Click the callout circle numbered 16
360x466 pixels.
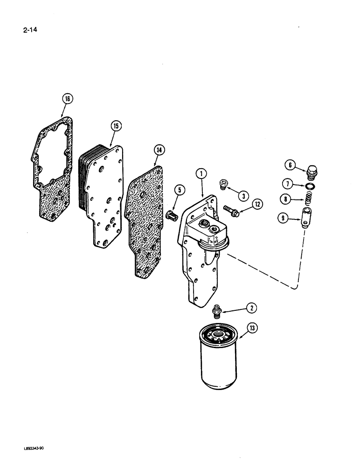(x=68, y=98)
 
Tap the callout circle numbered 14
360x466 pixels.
(x=159, y=150)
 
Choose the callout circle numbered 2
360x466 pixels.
(x=252, y=308)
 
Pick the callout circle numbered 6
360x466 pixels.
(x=290, y=164)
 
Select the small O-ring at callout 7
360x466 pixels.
(x=308, y=187)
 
